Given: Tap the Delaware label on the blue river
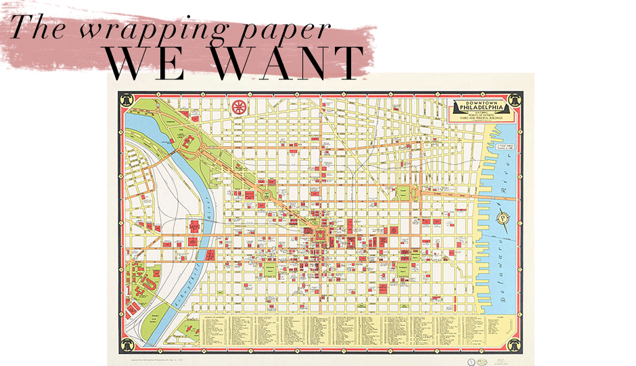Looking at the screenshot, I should pyautogui.click(x=507, y=277).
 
